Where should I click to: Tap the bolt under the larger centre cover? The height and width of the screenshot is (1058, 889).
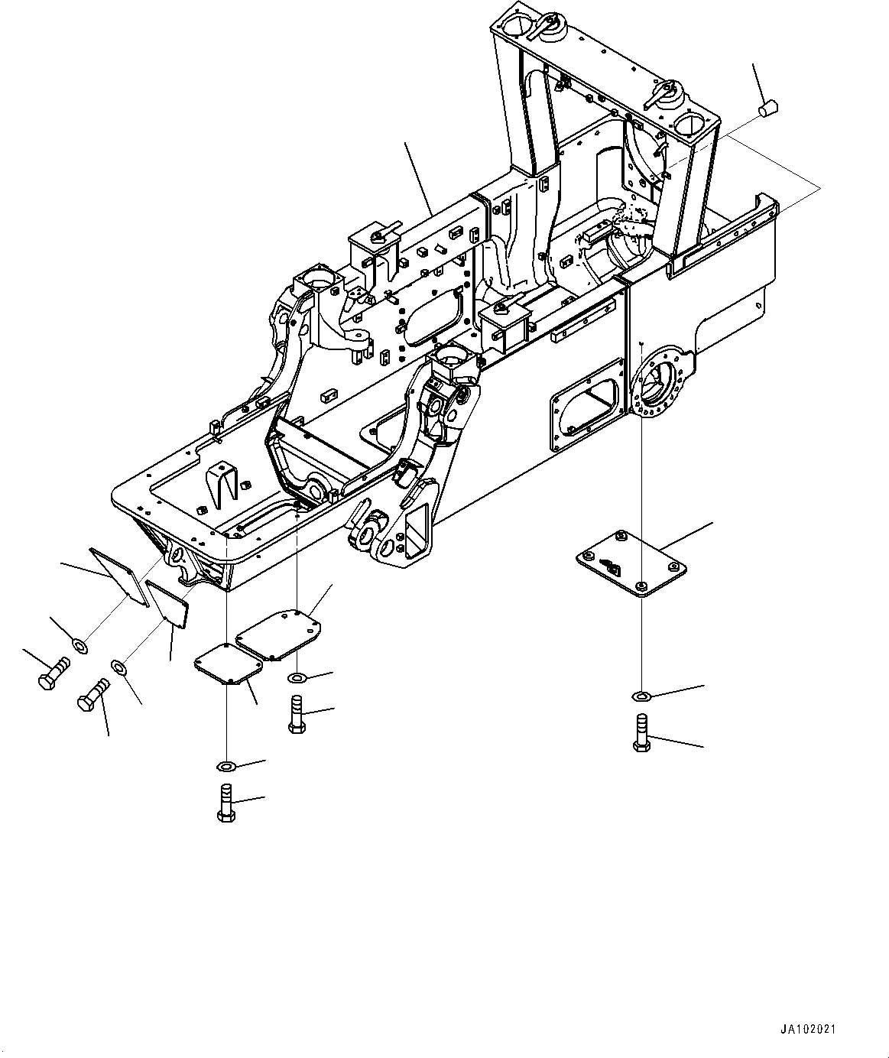click(297, 715)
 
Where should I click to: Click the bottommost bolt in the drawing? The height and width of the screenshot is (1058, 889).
click(226, 803)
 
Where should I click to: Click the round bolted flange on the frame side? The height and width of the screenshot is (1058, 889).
click(659, 382)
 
